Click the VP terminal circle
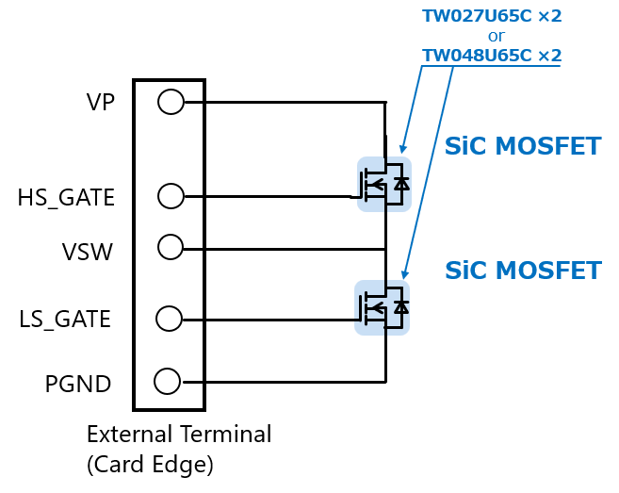(x=171, y=102)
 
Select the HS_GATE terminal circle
(x=171, y=196)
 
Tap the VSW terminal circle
(x=171, y=247)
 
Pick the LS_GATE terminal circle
(x=170, y=319)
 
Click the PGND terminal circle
(x=167, y=382)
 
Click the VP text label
(x=101, y=102)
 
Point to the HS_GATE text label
(x=66, y=198)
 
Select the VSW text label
(x=88, y=252)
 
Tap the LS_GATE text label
(x=65, y=320)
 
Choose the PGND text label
(x=78, y=385)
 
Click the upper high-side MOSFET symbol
(x=383, y=184)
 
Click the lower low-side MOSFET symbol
(x=382, y=306)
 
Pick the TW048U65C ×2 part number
(x=491, y=56)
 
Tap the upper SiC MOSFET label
(x=522, y=146)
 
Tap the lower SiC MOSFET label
(x=522, y=271)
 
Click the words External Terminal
(x=179, y=435)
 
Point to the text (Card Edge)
(x=150, y=464)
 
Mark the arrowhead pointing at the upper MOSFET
(x=403, y=149)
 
